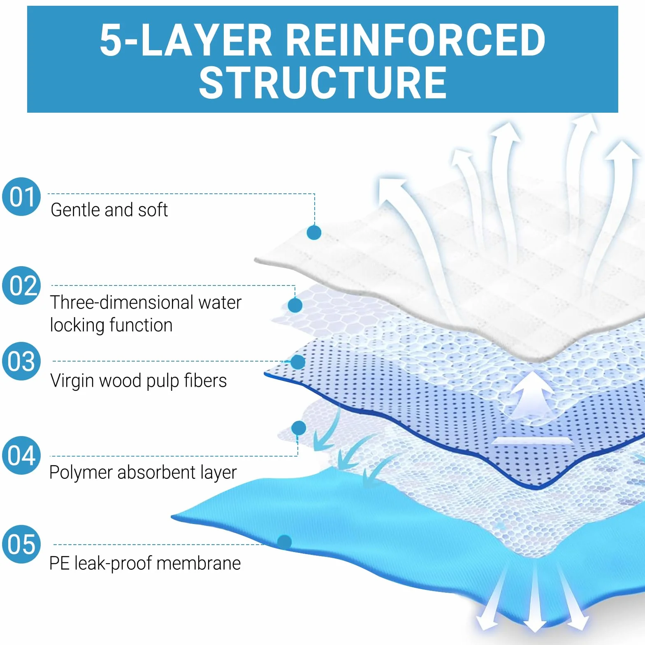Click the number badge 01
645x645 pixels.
[22, 197]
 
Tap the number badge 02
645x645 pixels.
[22, 285]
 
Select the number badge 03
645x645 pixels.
[22, 361]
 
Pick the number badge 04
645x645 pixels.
[22, 455]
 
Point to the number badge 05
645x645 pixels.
[22, 544]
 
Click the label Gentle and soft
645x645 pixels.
[109, 210]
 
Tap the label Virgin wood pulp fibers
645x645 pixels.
[138, 381]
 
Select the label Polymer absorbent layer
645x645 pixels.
[143, 473]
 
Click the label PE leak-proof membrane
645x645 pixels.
[145, 564]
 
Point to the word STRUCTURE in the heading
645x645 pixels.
[323, 84]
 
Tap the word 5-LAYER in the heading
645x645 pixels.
[186, 40]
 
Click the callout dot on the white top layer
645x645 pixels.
[314, 232]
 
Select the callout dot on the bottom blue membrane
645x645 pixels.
[284, 542]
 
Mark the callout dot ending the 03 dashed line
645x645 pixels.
[297, 362]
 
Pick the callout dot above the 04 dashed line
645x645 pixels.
[299, 428]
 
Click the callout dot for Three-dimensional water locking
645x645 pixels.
[295, 305]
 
